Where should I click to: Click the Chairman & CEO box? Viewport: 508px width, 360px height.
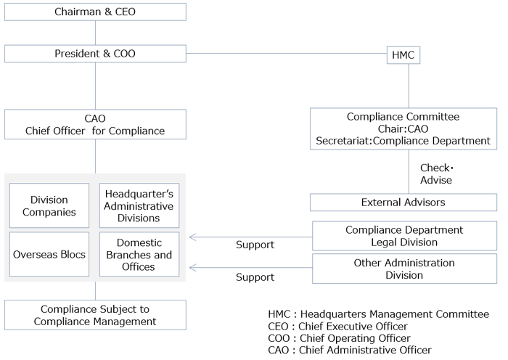coord(95,12)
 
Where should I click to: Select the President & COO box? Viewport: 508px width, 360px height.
coord(95,54)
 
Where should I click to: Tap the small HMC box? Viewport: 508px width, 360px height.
coord(403,55)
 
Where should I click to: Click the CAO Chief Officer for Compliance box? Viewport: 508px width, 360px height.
coord(95,124)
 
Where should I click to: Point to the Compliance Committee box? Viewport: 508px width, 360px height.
coord(403,128)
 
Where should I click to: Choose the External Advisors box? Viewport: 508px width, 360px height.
coord(403,202)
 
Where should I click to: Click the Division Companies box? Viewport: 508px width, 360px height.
coord(49,206)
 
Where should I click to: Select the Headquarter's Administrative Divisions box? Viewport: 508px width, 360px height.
coord(139,206)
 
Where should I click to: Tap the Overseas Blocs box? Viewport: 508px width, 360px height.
coord(49,255)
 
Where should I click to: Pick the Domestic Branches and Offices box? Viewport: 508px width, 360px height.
coord(139,255)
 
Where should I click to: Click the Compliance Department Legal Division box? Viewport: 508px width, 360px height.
coord(404,237)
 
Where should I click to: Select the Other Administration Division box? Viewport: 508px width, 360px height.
coord(404,269)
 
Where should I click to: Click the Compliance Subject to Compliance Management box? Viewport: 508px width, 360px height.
coord(95,315)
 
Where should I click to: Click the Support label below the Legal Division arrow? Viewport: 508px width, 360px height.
coord(255,245)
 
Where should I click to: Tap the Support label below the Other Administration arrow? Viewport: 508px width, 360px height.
coord(255,277)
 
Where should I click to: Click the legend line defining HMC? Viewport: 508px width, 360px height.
coord(378,314)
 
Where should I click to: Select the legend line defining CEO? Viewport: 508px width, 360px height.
coord(338,326)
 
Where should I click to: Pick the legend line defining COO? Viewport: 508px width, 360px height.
coord(338,338)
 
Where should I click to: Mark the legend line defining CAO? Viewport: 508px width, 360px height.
coord(349,351)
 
